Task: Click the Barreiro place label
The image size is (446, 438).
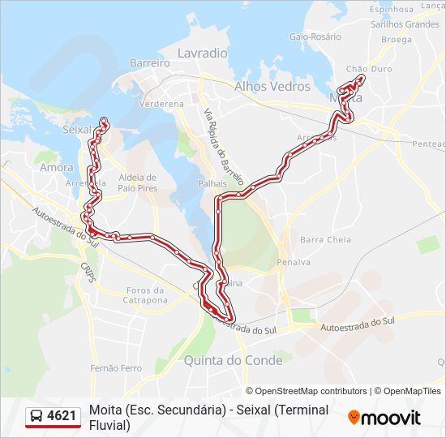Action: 149,62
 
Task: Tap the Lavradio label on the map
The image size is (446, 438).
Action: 202,53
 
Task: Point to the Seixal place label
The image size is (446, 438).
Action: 78,129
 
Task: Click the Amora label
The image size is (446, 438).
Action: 56,167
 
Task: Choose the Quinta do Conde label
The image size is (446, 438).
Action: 234,359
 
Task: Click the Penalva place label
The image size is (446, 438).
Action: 293,262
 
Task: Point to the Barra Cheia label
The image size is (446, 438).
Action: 325,239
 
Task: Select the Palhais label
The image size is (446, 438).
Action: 212,183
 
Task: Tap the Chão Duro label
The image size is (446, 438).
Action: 368,69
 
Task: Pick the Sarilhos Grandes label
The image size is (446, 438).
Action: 405,24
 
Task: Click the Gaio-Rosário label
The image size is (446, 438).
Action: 315,36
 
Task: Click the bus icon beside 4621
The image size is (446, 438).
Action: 36,416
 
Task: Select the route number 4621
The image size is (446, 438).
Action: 62,416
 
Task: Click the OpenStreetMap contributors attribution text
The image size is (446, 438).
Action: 307,391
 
